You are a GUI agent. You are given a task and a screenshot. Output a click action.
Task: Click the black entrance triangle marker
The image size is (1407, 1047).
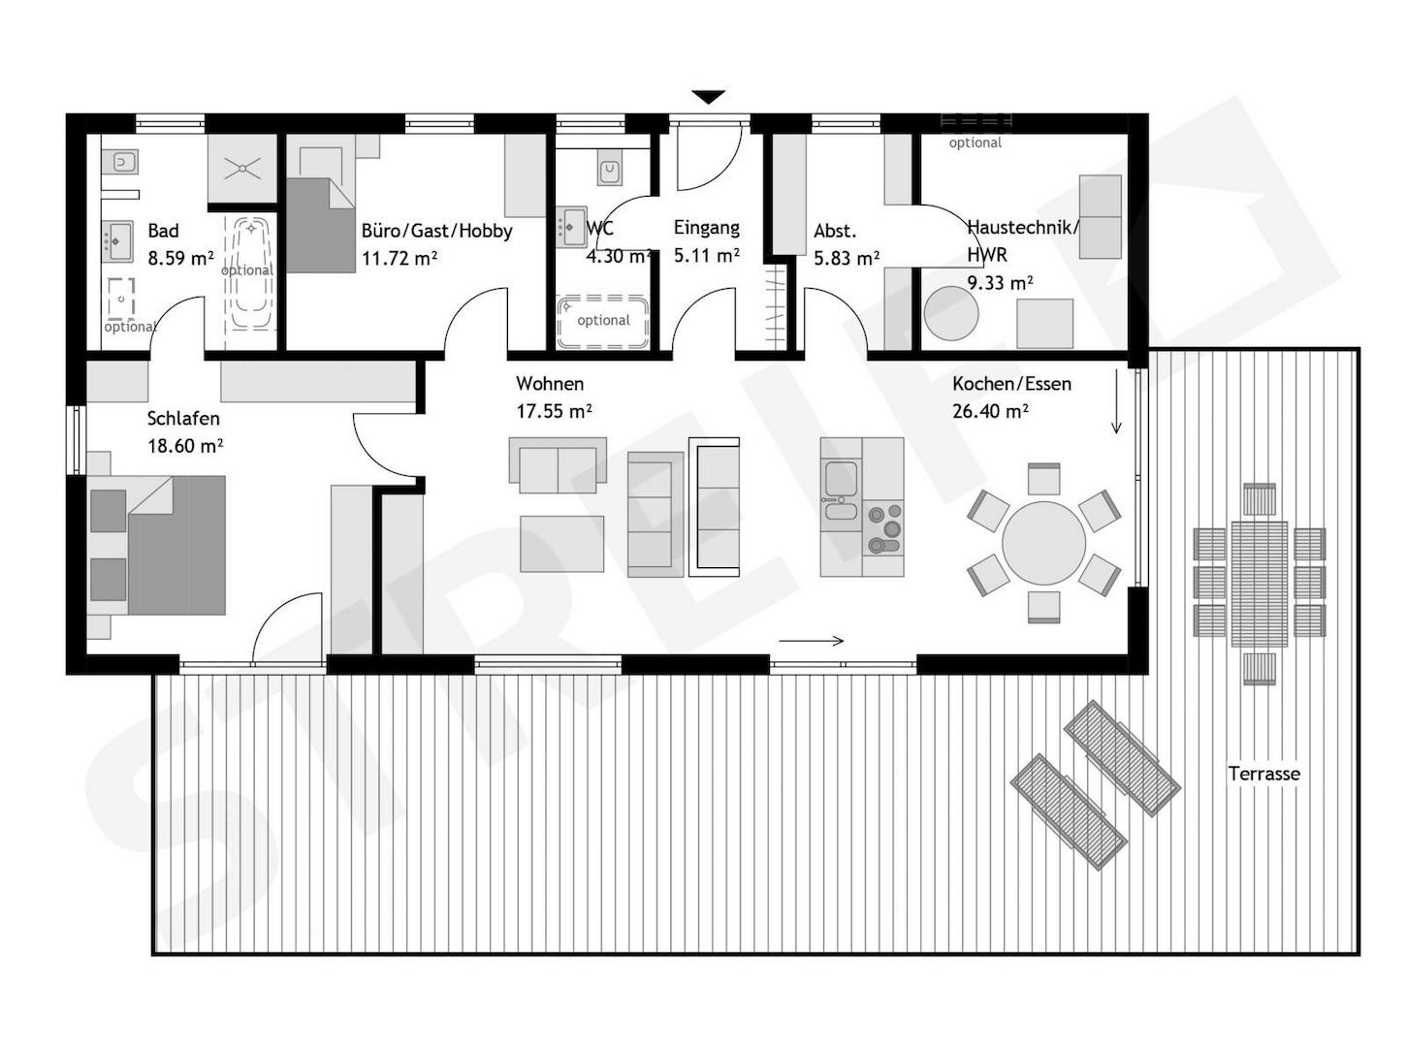708,97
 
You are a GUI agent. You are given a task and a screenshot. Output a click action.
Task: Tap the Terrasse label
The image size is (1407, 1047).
1263,774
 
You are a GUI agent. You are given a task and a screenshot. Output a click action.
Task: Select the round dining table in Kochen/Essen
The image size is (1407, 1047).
1043,543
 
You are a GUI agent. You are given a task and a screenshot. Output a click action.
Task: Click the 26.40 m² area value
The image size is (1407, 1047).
990,411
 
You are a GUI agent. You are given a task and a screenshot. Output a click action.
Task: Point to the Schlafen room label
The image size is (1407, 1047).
183,419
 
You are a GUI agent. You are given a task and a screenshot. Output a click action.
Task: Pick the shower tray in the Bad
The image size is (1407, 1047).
243,169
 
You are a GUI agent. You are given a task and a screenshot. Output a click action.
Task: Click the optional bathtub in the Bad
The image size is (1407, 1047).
250,274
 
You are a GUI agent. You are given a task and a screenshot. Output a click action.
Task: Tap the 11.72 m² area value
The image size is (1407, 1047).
399,258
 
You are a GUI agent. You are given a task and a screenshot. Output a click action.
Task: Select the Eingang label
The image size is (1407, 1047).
707,228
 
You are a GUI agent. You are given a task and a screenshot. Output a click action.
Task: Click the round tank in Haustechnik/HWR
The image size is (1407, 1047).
951,313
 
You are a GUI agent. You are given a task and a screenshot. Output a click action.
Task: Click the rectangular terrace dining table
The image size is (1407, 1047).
1260,584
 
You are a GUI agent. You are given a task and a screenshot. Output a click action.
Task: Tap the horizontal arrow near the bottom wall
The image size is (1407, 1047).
812,641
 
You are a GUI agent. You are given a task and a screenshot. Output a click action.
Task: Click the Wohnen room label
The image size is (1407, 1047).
550,384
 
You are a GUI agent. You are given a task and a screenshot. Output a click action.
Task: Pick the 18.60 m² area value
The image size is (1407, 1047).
185,446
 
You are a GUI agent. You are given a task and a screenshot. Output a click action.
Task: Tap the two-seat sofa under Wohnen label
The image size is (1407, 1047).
558,464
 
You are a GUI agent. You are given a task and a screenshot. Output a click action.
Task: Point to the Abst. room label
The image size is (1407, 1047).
835,231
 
